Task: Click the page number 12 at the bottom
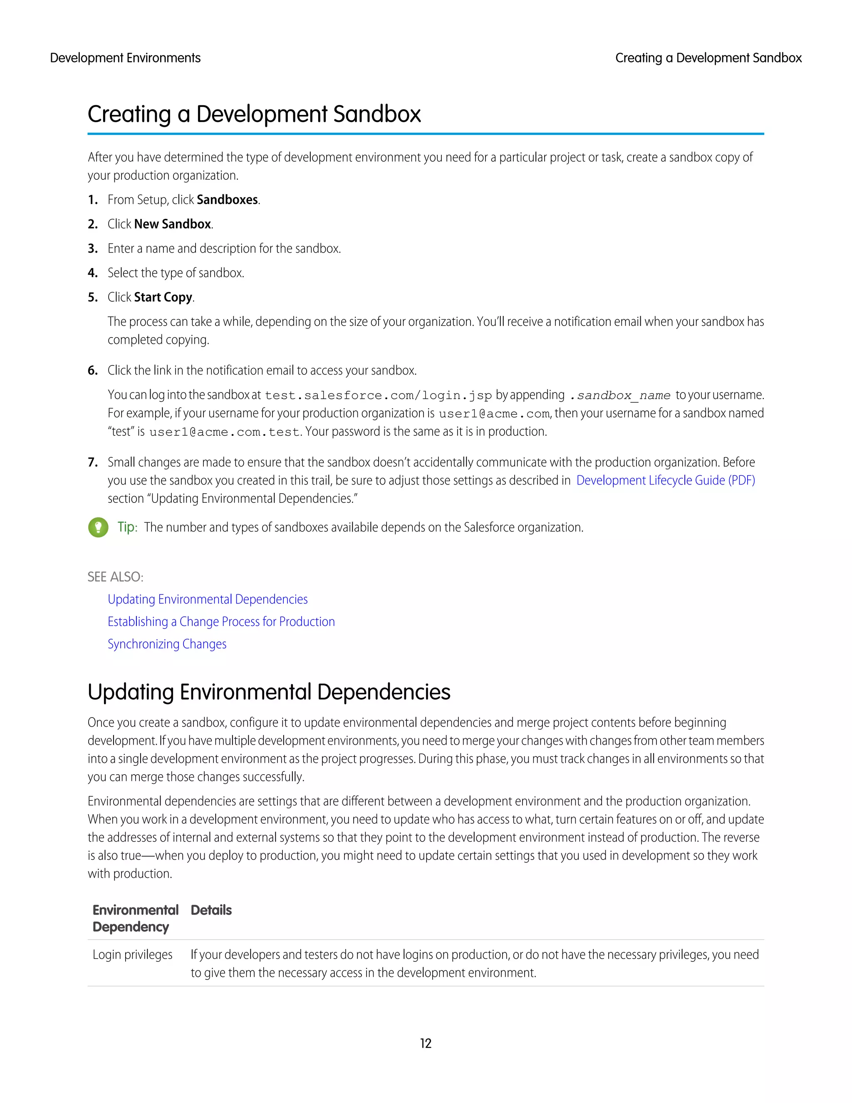(426, 1043)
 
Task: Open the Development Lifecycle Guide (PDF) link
(665, 480)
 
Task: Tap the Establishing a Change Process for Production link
(221, 622)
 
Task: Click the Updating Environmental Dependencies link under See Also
(208, 599)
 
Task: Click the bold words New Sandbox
(172, 224)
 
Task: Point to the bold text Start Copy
(163, 298)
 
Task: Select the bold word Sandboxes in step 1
(227, 200)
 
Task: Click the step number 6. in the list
(93, 371)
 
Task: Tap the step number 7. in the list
(93, 462)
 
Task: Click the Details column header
(211, 910)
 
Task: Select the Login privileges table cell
(132, 954)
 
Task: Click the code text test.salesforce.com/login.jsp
(378, 395)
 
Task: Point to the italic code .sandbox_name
(620, 395)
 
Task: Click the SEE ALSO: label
(115, 577)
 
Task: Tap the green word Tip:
(127, 527)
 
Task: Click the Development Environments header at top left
(125, 58)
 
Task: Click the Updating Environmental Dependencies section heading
(268, 692)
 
